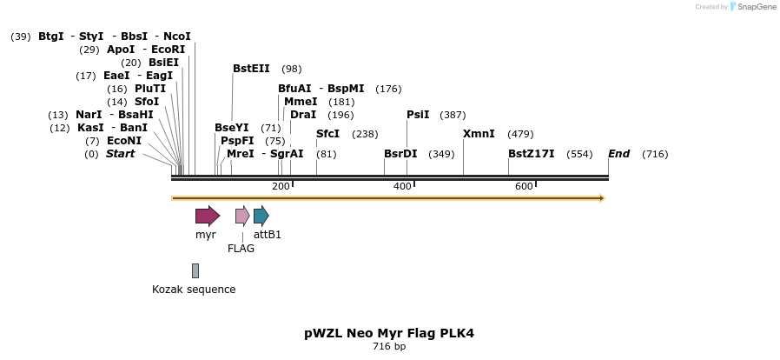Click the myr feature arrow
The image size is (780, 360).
pos(207,216)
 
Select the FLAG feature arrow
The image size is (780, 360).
pos(242,216)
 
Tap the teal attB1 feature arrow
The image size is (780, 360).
pos(261,216)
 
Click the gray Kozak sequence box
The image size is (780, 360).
pos(195,270)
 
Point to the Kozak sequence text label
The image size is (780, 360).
pos(194,290)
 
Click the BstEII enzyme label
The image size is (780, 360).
pos(251,69)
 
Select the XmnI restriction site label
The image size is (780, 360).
pos(479,134)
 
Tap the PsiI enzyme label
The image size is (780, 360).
pos(418,115)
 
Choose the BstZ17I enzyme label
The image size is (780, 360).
pos(531,154)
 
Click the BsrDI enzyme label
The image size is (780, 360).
pos(400,154)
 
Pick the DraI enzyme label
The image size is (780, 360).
pos(303,115)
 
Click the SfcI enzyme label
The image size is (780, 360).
pos(327,134)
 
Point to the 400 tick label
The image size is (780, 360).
pos(402,187)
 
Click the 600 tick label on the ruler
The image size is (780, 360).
pos(524,187)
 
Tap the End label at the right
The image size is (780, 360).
pos(618,154)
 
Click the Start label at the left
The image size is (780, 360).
pos(120,154)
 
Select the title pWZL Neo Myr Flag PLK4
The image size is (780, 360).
pos(389,333)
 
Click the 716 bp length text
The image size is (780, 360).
pos(389,347)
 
